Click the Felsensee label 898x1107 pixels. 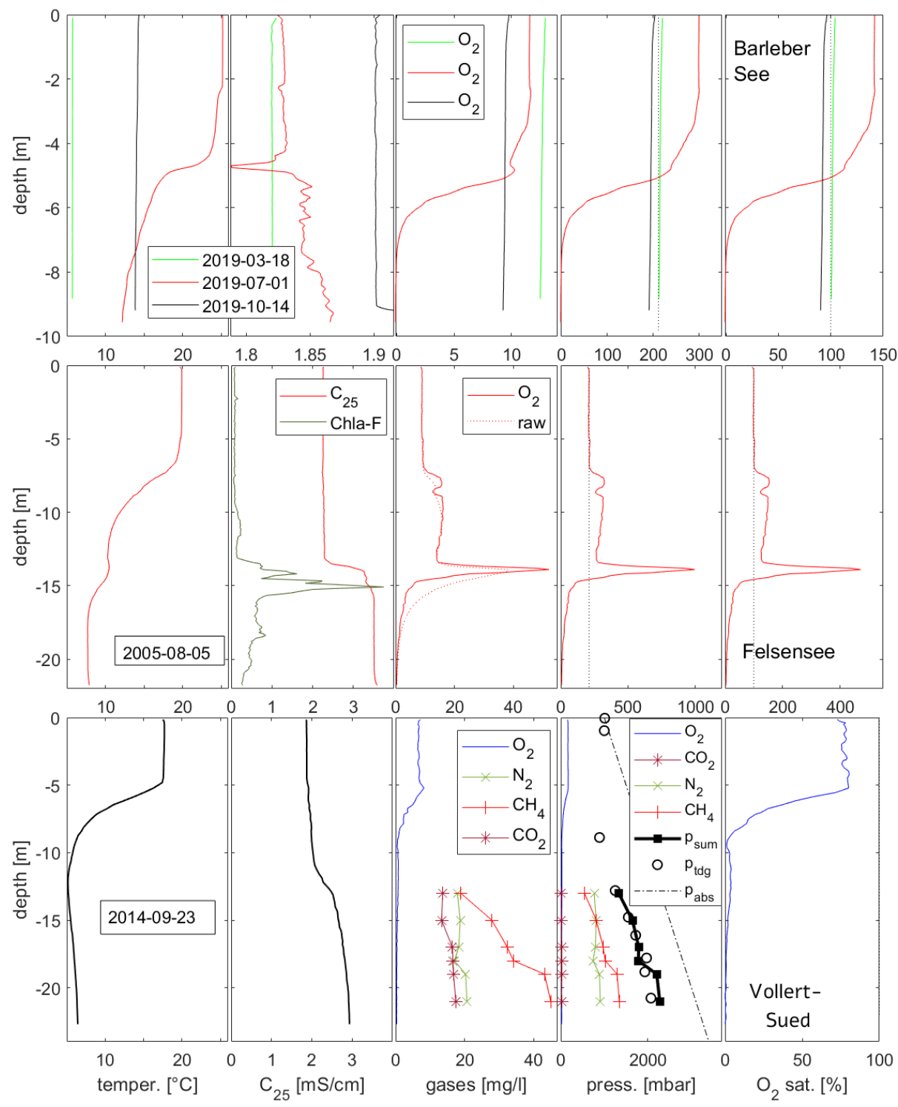click(x=788, y=651)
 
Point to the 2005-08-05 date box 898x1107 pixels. click(x=167, y=653)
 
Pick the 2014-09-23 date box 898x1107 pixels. click(x=152, y=917)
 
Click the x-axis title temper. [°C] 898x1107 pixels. click(x=147, y=1085)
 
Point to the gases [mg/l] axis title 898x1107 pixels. click(x=476, y=1085)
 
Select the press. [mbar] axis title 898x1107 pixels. click(x=640, y=1085)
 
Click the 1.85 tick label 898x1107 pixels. click(x=310, y=354)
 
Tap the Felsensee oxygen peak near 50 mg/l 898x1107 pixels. click(x=548, y=569)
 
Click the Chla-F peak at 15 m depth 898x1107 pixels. click(x=382, y=587)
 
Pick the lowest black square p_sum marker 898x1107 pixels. click(x=659, y=1002)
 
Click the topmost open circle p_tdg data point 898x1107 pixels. click(x=605, y=718)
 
